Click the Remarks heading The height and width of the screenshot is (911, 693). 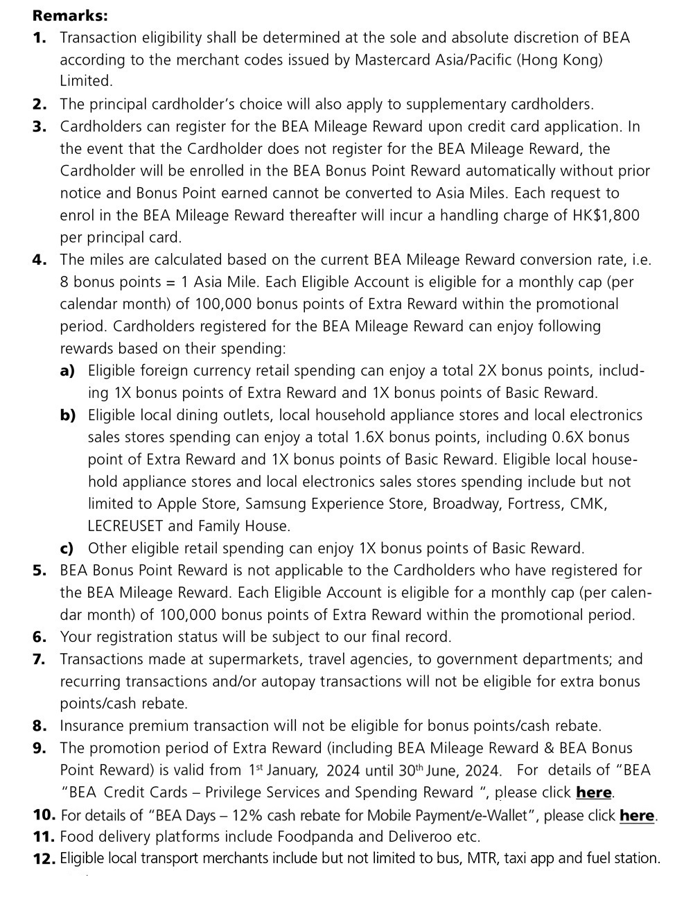coord(70,15)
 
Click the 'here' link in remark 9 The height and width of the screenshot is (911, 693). coord(594,792)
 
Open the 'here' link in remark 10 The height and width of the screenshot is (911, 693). coord(637,815)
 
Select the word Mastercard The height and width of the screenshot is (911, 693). coord(394,60)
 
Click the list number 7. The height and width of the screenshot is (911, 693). coord(40,659)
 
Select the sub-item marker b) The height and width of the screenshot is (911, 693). coord(68,415)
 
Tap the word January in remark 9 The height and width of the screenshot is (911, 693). coord(291,770)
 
